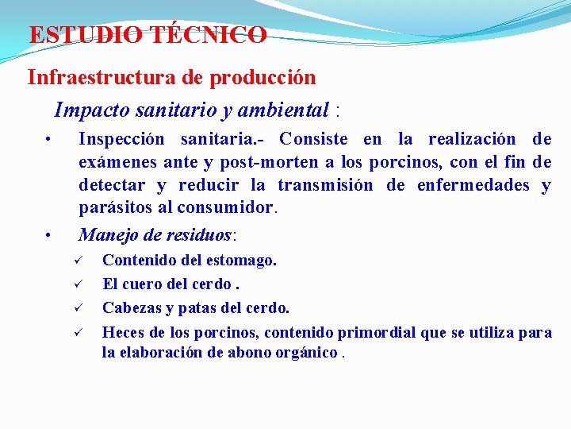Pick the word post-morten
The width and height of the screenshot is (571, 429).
(262, 163)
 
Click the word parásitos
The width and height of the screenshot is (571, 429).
(114, 208)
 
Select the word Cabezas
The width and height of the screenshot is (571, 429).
(131, 307)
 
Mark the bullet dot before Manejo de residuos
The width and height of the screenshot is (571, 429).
(48, 235)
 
